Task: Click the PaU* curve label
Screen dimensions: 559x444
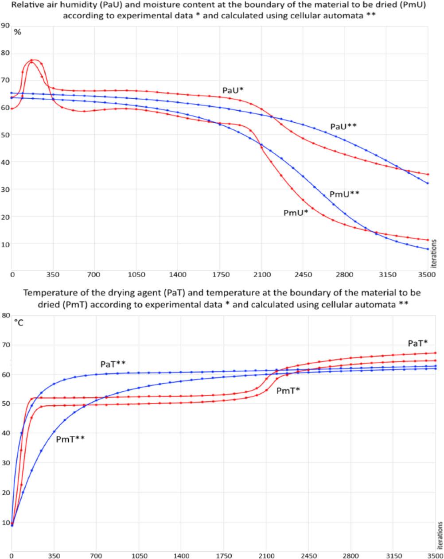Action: click(233, 90)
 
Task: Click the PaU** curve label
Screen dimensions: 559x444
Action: click(343, 126)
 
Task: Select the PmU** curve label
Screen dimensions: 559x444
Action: click(344, 194)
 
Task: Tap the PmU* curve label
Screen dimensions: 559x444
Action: click(296, 213)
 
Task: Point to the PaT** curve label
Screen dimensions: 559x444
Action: click(113, 364)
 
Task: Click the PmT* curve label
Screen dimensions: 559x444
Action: click(288, 391)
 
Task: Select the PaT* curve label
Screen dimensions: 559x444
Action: click(417, 343)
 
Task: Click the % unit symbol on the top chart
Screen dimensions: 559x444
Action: click(18, 33)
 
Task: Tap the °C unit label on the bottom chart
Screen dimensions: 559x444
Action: click(19, 323)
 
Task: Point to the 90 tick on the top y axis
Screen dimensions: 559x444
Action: click(5, 25)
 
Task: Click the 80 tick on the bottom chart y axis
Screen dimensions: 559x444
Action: click(6, 315)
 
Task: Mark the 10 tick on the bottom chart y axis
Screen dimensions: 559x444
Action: click(5, 522)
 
